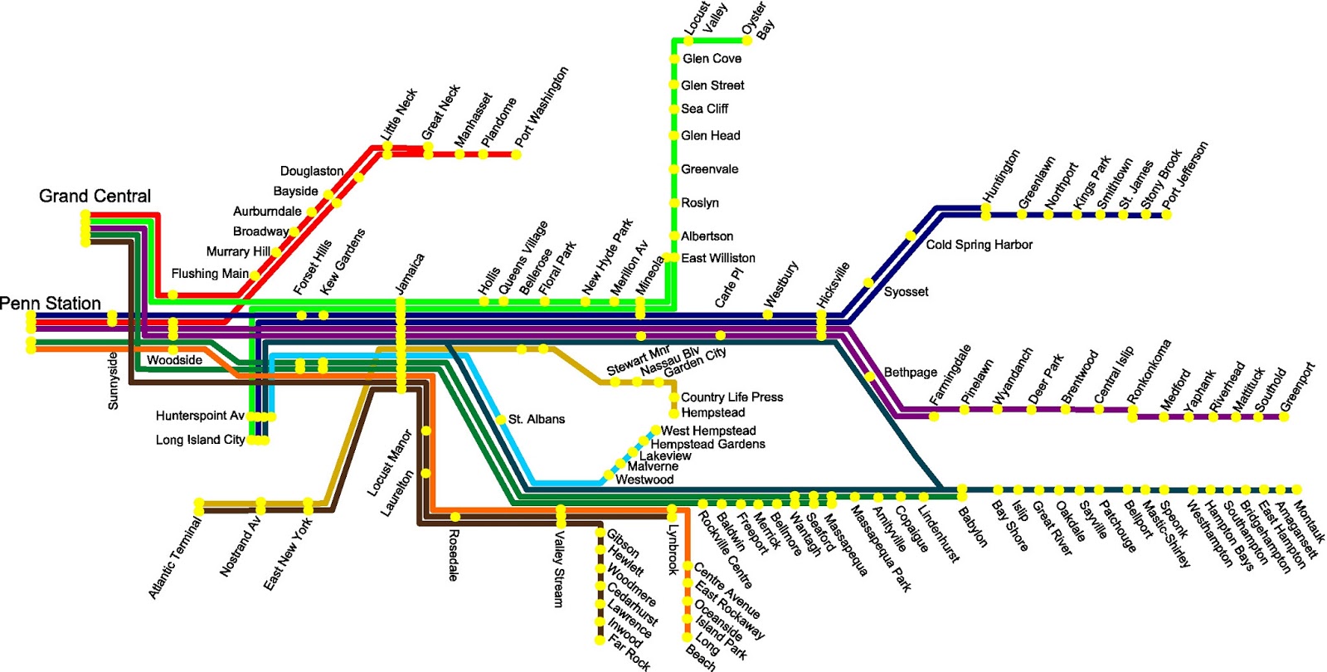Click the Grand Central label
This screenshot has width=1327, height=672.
(95, 197)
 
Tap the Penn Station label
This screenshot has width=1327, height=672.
(51, 304)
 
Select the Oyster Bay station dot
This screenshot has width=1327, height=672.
(747, 40)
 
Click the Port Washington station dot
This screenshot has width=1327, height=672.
(516, 153)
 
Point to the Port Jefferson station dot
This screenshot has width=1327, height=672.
(1167, 214)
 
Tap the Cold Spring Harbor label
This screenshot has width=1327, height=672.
(979, 245)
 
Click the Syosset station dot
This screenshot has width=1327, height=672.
(868, 283)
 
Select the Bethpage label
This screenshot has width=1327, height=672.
(910, 373)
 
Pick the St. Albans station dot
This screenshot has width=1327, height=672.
(502, 419)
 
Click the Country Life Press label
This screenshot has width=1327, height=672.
(732, 397)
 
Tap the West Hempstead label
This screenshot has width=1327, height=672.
(707, 431)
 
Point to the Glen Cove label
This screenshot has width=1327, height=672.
(712, 59)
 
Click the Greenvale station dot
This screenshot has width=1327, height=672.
(673, 169)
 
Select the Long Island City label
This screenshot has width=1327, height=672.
(200, 440)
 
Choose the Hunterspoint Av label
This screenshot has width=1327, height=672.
(200, 416)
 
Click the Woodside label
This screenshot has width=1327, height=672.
(174, 360)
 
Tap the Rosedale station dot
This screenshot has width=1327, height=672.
(454, 517)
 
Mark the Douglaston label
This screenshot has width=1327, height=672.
(311, 171)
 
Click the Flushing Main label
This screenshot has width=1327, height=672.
(209, 274)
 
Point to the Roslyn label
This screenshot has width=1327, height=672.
(699, 203)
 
